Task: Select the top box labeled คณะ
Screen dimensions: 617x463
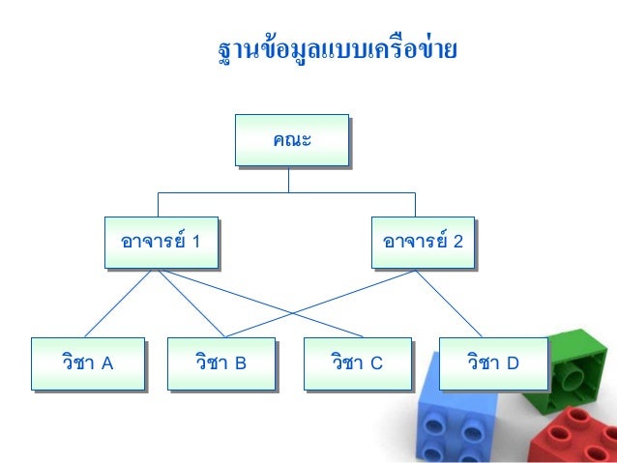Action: tap(291, 140)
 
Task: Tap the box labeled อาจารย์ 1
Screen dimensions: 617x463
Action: tap(161, 242)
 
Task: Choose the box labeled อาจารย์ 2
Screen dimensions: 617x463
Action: tap(424, 242)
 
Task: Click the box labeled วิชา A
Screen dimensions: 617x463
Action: tap(87, 363)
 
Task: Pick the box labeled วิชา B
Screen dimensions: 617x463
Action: tap(220, 363)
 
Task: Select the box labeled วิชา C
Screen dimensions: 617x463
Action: tap(356, 363)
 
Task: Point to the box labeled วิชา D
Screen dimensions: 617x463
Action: tap(492, 363)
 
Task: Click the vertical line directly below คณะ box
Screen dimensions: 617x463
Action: tap(287, 180)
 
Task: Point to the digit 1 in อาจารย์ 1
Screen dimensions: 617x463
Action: tap(196, 242)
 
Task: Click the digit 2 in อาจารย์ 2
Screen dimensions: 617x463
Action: tap(459, 242)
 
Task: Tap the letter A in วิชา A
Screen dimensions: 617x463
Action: tap(107, 364)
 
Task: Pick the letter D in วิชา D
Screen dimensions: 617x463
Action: tap(513, 364)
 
